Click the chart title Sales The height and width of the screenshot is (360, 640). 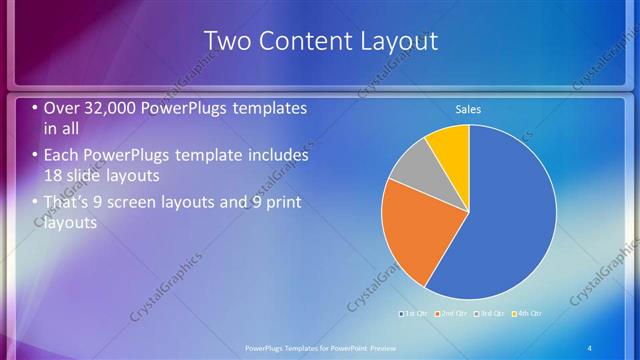coord(469,109)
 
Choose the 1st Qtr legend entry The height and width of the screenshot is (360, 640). coord(415,314)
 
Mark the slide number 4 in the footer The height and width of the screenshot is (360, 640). coord(589,347)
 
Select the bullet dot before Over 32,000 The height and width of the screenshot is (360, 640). coord(36,108)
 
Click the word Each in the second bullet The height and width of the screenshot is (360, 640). coord(62,156)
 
